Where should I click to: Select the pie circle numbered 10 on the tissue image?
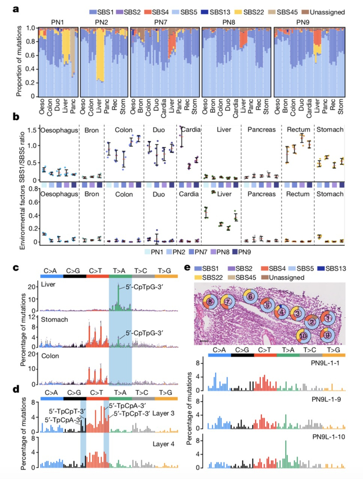coord(303,336)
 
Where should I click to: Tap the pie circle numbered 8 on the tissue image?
coord(210,301)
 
